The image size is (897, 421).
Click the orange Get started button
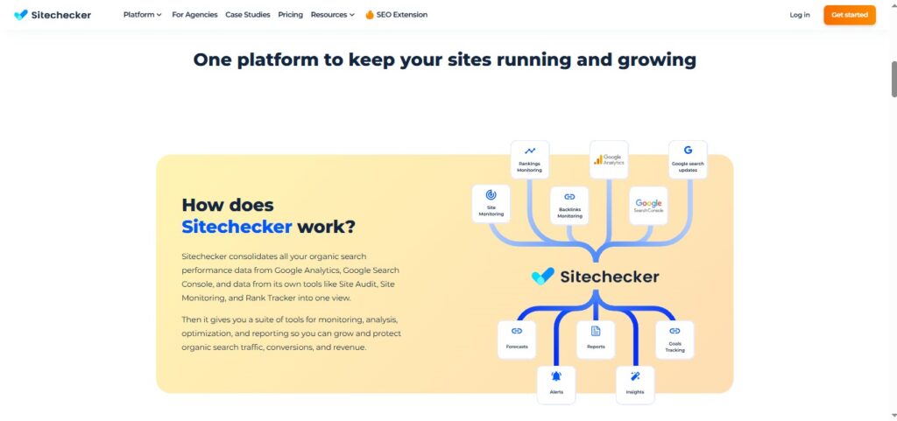pos(849,15)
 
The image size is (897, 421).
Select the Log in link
pos(799,15)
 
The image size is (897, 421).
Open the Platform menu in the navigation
pos(142,15)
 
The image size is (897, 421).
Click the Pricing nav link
pos(290,15)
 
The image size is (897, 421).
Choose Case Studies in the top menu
pos(247,15)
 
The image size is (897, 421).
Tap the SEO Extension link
pos(396,15)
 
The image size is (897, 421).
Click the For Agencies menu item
pos(194,15)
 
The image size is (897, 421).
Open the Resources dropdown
pos(332,15)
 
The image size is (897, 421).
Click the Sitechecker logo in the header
pos(53,15)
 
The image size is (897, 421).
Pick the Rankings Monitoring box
pos(530,159)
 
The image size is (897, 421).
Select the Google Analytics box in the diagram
pos(609,159)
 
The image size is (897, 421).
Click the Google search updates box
pos(688,159)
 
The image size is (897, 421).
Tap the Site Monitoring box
pos(491,204)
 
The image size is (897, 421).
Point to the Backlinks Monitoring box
pos(569,206)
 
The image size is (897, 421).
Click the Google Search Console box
pos(648,206)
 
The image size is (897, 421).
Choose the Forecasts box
pos(517,340)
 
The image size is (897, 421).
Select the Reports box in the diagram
pos(596,340)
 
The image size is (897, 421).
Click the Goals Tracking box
pos(675,340)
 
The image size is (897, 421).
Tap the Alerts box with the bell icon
pos(556,384)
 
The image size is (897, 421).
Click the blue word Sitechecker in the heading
pos(237,227)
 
